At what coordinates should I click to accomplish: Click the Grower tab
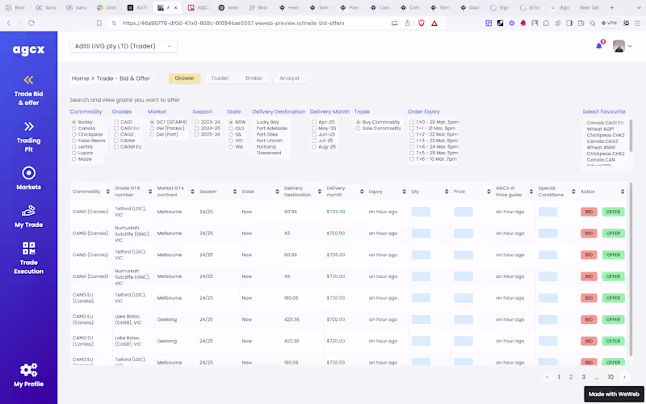(184, 78)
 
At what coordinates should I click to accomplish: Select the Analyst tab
(288, 78)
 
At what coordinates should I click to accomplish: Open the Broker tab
(254, 78)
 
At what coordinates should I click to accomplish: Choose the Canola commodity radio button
(74, 128)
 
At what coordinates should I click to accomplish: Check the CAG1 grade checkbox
(116, 122)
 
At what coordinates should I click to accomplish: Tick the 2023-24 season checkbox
(195, 122)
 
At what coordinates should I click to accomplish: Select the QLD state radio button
(230, 128)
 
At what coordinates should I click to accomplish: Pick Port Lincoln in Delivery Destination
(270, 141)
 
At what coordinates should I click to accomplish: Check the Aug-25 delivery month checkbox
(314, 146)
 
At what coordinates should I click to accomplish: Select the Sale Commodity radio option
(358, 128)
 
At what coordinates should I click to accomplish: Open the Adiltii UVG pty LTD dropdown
(124, 46)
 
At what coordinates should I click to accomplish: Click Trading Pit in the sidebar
(28, 133)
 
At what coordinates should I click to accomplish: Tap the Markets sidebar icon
(28, 173)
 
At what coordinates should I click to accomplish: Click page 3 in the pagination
(584, 377)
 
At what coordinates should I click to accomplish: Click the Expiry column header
(375, 191)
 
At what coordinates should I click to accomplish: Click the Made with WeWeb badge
(613, 393)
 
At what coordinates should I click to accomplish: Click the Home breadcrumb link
(80, 78)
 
